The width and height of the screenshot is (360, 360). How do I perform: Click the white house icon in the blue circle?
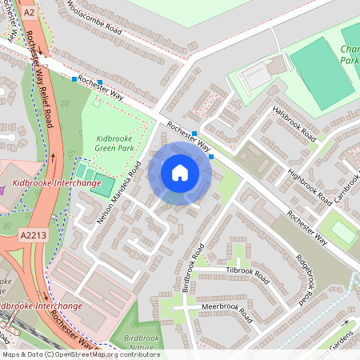180,173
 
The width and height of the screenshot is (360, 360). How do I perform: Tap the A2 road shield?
30,13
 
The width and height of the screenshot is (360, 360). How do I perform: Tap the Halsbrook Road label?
294,124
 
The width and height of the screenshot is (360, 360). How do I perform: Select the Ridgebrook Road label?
303,280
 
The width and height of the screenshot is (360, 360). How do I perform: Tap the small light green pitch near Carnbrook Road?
343,232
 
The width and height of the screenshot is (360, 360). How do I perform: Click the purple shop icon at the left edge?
3,190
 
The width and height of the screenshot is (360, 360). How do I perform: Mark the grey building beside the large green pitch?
255,78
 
